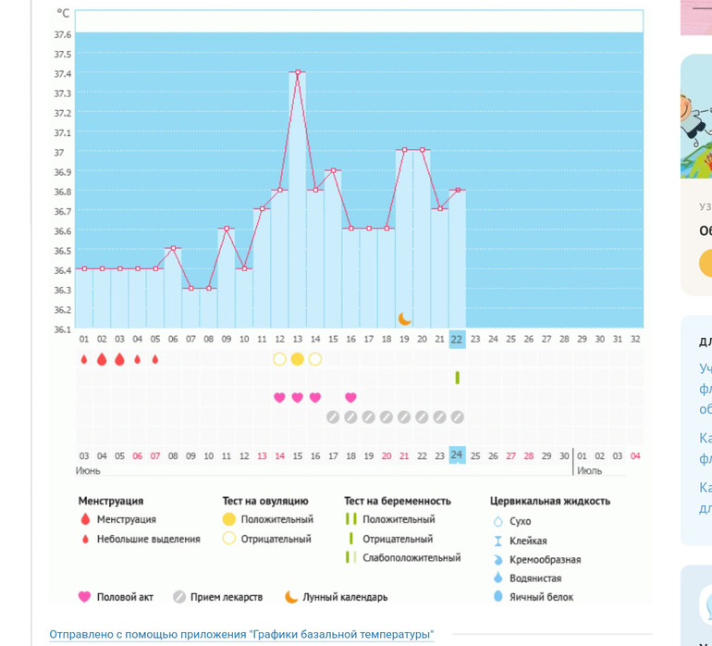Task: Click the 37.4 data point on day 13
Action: click(298, 72)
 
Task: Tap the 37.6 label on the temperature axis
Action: click(62, 34)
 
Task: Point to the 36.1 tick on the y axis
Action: click(62, 329)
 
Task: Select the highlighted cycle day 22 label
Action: click(457, 340)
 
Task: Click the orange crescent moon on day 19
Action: click(404, 318)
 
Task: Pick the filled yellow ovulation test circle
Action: click(297, 359)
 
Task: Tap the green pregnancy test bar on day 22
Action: click(457, 378)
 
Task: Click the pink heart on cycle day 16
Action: click(350, 397)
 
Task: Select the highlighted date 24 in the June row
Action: click(457, 455)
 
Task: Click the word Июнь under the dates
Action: click(89, 470)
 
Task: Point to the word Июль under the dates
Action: click(589, 470)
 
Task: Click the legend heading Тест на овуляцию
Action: click(265, 501)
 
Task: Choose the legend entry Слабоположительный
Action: click(411, 558)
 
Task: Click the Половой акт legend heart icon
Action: click(85, 597)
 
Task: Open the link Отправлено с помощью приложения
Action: click(240, 635)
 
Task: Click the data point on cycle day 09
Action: click(227, 229)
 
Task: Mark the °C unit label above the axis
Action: click(63, 13)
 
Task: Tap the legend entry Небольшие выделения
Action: click(148, 539)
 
